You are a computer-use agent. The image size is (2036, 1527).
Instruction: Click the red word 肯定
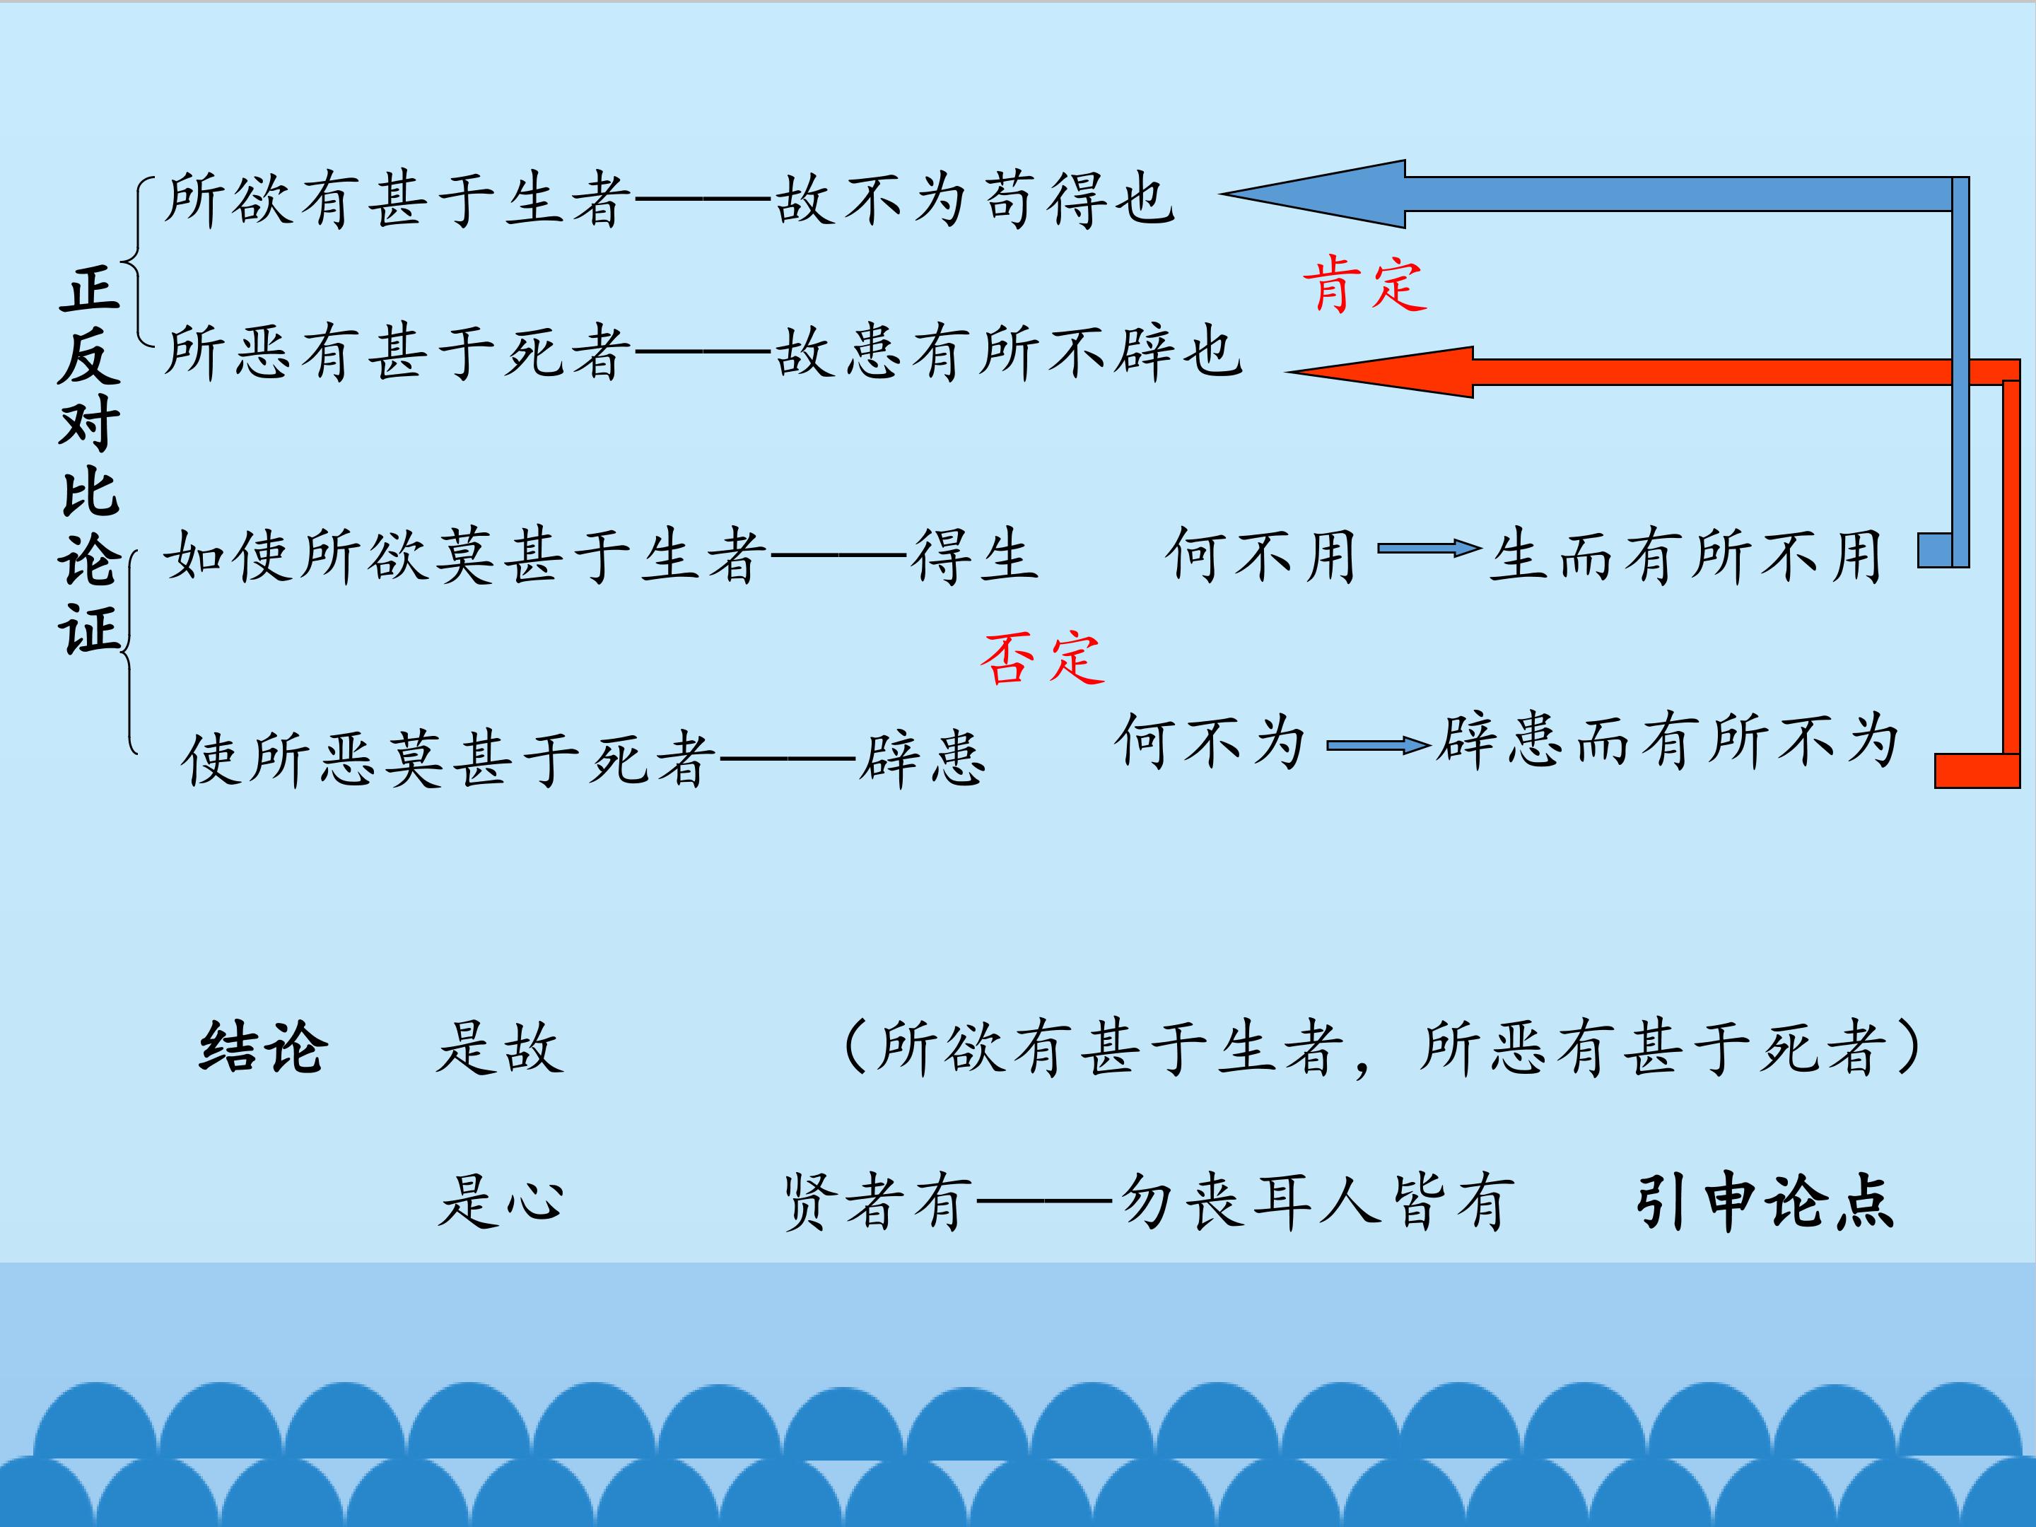click(x=1365, y=286)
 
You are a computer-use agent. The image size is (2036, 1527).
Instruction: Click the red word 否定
click(x=1042, y=658)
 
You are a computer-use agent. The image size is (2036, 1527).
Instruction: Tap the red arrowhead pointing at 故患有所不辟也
click(x=1380, y=372)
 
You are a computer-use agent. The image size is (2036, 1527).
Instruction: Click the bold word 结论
click(x=263, y=1048)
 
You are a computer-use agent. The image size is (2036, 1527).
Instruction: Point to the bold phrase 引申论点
click(x=1765, y=1201)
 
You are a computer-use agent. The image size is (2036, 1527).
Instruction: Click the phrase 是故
click(x=500, y=1048)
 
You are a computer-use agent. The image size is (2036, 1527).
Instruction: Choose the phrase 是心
click(x=500, y=1201)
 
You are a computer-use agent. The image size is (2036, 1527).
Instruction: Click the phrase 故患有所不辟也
click(x=1010, y=353)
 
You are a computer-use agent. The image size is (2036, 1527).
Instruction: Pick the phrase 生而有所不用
click(x=1685, y=556)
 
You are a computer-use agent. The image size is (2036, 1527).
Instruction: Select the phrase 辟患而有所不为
click(x=1667, y=741)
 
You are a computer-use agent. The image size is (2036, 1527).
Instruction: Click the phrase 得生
click(x=975, y=556)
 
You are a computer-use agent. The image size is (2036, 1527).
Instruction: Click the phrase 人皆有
click(x=1417, y=1201)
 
